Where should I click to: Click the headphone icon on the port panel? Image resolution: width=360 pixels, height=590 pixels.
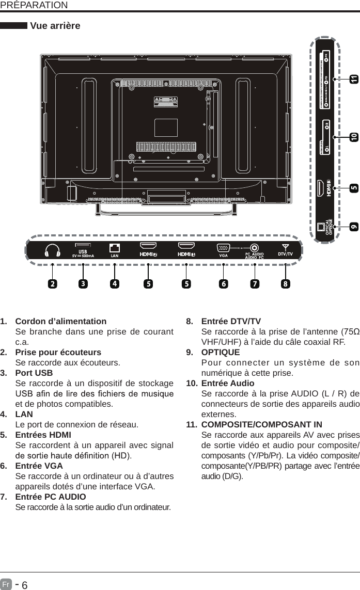53,250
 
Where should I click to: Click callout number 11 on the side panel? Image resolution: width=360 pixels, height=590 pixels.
353,79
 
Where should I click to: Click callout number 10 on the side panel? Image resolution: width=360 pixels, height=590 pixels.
353,137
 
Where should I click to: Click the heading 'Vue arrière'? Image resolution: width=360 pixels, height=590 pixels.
55,26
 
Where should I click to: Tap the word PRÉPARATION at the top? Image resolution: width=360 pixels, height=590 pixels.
34,5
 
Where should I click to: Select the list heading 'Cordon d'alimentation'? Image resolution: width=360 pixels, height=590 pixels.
61,322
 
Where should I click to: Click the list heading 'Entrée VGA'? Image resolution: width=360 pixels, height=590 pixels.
39,466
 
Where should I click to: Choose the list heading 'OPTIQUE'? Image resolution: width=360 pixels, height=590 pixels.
220,353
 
